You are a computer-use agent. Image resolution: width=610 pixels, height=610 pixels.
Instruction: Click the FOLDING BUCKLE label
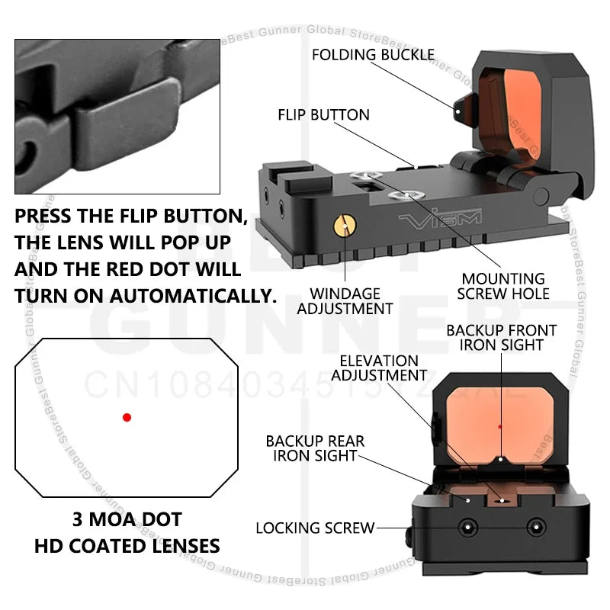click(373, 55)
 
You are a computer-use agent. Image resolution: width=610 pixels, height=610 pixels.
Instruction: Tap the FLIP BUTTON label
click(323, 115)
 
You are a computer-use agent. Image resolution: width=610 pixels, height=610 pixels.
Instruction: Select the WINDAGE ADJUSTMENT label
click(345, 300)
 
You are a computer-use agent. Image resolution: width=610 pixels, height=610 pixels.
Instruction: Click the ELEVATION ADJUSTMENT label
click(379, 368)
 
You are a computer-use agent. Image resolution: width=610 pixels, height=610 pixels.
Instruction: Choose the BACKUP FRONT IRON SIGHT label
click(501, 338)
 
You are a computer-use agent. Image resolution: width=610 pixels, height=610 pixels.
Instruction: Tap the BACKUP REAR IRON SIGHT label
click(315, 448)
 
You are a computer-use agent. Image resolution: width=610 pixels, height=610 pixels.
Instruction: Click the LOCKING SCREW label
click(315, 528)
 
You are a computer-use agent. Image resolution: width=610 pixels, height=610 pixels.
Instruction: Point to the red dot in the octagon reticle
click(127, 417)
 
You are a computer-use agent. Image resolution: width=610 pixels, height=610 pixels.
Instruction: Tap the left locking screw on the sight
click(465, 528)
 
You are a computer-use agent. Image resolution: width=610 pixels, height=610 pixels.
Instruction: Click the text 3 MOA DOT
click(127, 520)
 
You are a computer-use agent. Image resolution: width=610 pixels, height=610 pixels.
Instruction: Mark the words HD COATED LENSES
click(127, 545)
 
